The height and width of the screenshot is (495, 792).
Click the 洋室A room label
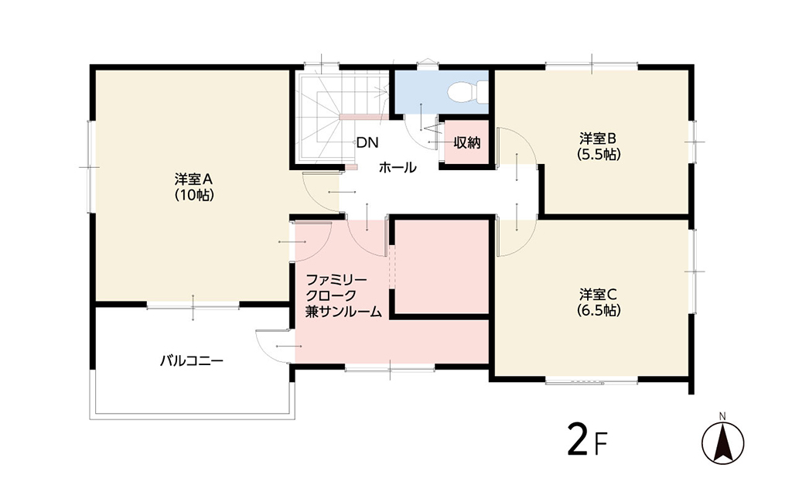194,179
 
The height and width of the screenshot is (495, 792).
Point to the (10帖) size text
194,196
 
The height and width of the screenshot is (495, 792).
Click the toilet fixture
467,91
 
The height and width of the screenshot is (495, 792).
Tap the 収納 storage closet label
466,142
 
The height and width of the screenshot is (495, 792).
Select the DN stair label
367,143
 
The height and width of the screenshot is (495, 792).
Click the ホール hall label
398,167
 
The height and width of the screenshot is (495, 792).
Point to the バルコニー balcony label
192,360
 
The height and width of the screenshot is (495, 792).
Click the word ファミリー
336,279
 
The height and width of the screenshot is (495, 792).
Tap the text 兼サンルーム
343,312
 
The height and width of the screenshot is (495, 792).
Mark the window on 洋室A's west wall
90,167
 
